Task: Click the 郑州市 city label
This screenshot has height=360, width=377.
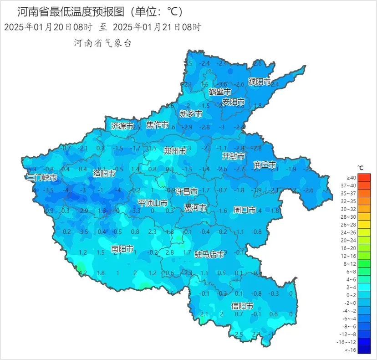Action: tap(174, 151)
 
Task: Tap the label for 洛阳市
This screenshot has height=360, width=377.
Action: tap(104, 173)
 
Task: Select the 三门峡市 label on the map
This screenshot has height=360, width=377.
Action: tap(42, 178)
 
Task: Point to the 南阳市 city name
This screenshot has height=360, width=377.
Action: tap(122, 249)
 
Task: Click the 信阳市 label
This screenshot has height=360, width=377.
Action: tap(242, 306)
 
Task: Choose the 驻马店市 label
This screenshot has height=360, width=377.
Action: tap(209, 254)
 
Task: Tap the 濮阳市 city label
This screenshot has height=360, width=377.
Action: tap(259, 82)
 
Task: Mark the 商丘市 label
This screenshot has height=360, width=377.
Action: tap(265, 165)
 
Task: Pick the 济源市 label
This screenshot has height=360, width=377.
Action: tap(122, 126)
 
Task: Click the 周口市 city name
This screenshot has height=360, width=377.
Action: tap(245, 210)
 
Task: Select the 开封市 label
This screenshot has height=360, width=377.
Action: tap(233, 156)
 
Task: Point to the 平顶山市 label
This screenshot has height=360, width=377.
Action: tap(153, 203)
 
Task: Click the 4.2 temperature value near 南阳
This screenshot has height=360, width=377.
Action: tap(83, 273)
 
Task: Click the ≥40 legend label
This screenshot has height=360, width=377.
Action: tap(351, 177)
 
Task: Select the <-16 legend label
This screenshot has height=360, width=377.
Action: tap(351, 350)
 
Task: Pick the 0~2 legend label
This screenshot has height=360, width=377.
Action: tap(351, 295)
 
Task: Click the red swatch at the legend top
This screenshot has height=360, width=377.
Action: tap(364, 177)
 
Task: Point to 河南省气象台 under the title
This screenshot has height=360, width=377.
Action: tap(103, 43)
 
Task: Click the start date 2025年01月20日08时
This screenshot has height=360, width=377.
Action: tap(49, 27)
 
